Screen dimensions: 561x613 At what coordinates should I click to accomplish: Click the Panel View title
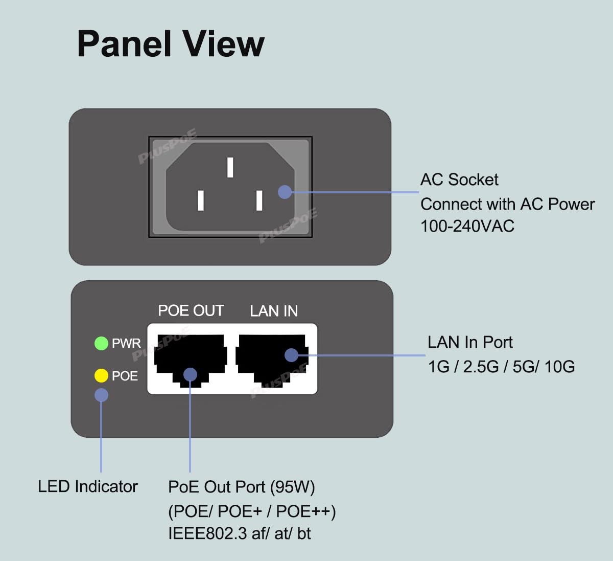click(x=171, y=44)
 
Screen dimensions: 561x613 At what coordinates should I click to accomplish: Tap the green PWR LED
click(x=101, y=343)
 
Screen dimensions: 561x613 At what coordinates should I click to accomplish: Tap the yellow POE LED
click(x=101, y=376)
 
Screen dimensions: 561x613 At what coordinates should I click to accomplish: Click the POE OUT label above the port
click(x=191, y=311)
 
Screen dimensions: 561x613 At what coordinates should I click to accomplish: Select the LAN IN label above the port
click(x=274, y=311)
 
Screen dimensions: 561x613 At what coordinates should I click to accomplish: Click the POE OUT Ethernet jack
click(x=191, y=358)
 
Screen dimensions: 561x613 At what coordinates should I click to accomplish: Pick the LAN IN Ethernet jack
click(x=271, y=358)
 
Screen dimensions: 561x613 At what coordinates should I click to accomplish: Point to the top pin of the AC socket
click(x=230, y=167)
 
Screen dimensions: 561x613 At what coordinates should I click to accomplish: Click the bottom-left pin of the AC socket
click(x=201, y=200)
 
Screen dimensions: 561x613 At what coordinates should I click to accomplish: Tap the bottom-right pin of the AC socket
click(x=260, y=200)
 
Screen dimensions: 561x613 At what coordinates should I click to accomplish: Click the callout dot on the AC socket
click(x=285, y=192)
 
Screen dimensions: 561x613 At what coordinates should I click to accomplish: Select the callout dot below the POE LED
click(x=101, y=395)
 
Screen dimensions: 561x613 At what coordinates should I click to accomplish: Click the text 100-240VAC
click(x=467, y=226)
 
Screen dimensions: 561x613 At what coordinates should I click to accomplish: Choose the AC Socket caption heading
click(x=459, y=179)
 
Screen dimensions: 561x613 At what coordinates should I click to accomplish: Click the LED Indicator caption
click(x=88, y=486)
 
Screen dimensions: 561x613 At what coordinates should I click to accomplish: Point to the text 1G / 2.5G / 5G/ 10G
click(x=501, y=367)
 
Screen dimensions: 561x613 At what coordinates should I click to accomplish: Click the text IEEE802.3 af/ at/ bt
click(x=239, y=534)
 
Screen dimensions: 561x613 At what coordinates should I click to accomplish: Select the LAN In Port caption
click(x=470, y=342)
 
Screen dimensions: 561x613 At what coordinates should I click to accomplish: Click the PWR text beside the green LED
click(x=126, y=343)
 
